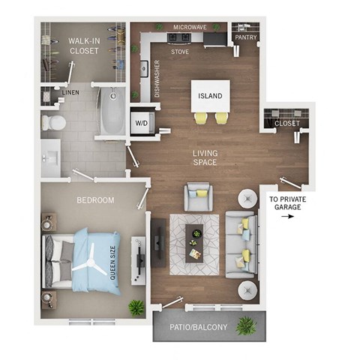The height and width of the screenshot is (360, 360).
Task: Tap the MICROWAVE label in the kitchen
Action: point(190,28)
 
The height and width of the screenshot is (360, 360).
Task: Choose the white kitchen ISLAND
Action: point(211,96)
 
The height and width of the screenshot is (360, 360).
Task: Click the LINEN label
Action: point(70,92)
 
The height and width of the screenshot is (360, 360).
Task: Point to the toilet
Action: point(53,122)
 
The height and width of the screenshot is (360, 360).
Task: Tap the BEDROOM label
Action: point(95,200)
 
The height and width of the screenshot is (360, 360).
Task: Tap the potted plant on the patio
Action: point(245,325)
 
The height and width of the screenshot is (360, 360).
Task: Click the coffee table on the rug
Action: point(194,242)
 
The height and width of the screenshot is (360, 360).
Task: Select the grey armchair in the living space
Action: point(199,196)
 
